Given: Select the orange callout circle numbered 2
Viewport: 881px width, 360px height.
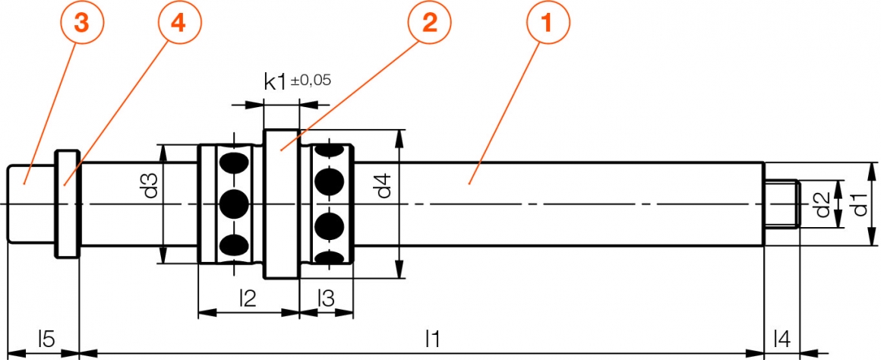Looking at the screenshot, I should pyautogui.click(x=429, y=24).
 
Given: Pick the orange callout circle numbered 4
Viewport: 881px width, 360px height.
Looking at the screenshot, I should pyautogui.click(x=177, y=24).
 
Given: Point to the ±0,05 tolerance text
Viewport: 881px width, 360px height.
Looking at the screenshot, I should pyautogui.click(x=311, y=79).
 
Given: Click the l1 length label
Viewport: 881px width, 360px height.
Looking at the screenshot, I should pyautogui.click(x=433, y=338).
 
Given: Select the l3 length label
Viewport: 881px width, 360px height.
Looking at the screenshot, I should pyautogui.click(x=326, y=298).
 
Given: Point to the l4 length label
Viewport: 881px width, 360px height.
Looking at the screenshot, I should pyautogui.click(x=781, y=338).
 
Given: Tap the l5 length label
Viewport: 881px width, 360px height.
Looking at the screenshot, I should pyautogui.click(x=46, y=338).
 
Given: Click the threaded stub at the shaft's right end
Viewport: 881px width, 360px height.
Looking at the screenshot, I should pyautogui.click(x=781, y=204).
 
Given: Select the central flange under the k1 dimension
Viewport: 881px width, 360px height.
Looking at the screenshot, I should pyautogui.click(x=281, y=204).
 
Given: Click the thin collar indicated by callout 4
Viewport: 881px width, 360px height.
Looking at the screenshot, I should pyautogui.click(x=68, y=204).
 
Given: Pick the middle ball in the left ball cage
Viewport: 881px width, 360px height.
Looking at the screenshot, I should pyautogui.click(x=234, y=204).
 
